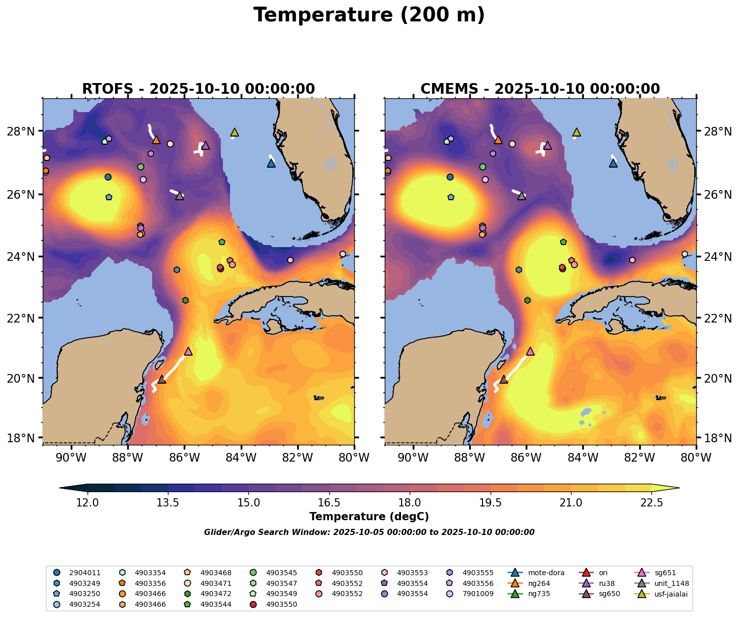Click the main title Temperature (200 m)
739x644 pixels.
click(x=369, y=15)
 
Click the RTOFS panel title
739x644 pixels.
click(x=198, y=89)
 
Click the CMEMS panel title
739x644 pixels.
click(x=540, y=89)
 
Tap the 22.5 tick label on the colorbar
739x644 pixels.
click(x=651, y=503)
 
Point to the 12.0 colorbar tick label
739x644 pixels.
click(x=88, y=503)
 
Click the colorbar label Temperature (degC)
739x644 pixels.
click(x=369, y=517)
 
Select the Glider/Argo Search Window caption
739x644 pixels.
click(x=369, y=532)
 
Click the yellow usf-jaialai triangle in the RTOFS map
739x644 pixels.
click(x=235, y=132)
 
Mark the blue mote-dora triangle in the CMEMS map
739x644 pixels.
click(x=613, y=163)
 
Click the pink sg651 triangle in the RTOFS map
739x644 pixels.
click(x=188, y=352)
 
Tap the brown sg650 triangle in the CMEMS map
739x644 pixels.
click(x=504, y=380)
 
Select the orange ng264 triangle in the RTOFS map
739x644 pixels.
click(x=156, y=140)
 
